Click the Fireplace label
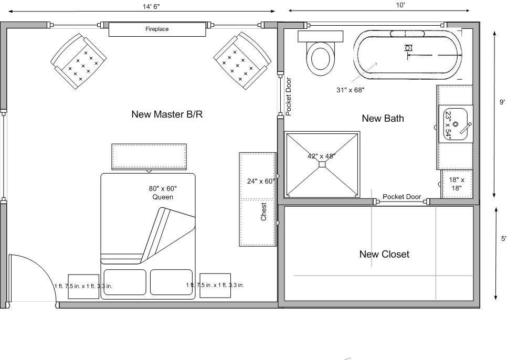(157, 29)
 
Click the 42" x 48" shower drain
(322, 164)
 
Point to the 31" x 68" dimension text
(350, 90)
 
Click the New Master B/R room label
(167, 114)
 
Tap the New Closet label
(384, 254)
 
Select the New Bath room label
(383, 119)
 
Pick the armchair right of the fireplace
(242, 60)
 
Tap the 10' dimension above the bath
(400, 5)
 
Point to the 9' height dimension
(502, 102)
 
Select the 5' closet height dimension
(503, 238)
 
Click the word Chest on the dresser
(265, 211)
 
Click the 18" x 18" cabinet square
(457, 184)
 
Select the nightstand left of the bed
(83, 287)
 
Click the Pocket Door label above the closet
(402, 197)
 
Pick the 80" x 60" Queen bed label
(163, 193)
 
